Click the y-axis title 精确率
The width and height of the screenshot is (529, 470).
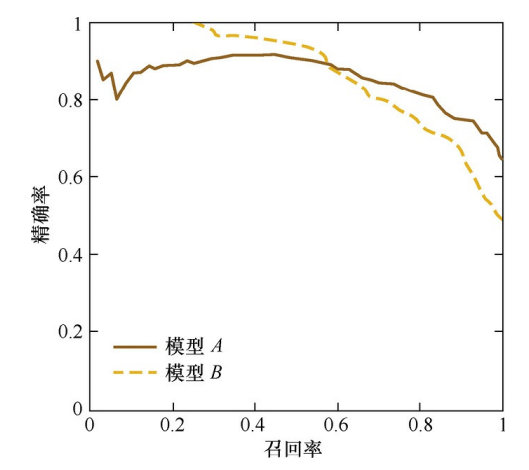pos(40,215)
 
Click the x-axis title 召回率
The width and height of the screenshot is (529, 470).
pos(293,449)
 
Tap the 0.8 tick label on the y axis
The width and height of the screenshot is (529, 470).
pos(70,100)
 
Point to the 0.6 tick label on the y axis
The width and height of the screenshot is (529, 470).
pos(70,177)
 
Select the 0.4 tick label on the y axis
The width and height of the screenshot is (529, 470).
pos(70,254)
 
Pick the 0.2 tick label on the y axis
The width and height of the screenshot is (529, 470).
pos(70,331)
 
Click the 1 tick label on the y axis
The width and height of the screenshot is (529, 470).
pos(78,24)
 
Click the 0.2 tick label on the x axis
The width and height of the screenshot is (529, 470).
pos(172,425)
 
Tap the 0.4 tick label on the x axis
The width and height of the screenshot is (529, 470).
pos(254,425)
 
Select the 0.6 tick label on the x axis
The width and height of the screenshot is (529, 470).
pos(336,425)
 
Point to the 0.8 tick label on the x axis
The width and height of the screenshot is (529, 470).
pos(420,425)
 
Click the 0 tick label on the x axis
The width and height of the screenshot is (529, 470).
pos(89,425)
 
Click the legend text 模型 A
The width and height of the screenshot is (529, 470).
pos(194,346)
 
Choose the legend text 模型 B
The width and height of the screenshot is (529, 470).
pos(194,372)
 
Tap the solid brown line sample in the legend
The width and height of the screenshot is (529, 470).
pos(135,347)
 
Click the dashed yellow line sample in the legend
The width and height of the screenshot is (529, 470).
pos(135,372)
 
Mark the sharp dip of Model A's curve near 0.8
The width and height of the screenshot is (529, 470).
pos(116,100)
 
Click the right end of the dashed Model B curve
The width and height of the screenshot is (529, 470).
pos(502,220)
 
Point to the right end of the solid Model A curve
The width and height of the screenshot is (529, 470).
pos(502,159)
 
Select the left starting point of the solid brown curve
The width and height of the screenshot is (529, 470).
pos(97,61)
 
